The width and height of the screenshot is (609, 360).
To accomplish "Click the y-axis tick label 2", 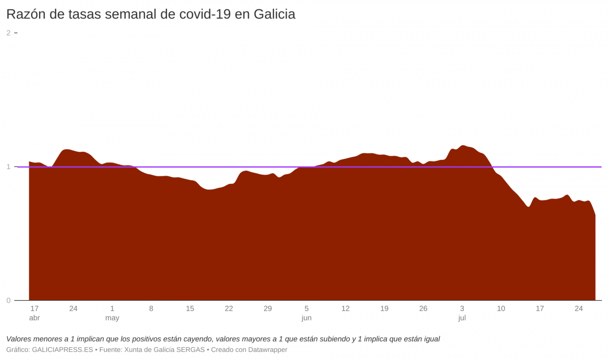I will tap(8, 33).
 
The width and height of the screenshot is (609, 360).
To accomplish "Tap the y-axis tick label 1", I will tap(8, 167).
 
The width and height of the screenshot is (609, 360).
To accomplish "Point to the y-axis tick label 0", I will tap(8, 301).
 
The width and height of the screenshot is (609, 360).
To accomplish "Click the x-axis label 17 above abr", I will tap(35, 309).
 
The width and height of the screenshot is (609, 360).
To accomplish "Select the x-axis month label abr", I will tap(35, 318).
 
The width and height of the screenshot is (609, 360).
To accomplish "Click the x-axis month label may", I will tap(112, 318).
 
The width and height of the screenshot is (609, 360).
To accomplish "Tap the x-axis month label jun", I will tap(307, 318).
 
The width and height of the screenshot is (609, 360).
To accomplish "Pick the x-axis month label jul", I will tap(462, 318).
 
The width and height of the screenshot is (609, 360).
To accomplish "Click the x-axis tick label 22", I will tap(229, 309).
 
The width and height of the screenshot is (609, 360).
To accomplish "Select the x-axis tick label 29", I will tap(268, 309).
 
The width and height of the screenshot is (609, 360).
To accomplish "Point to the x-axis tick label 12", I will tap(345, 309).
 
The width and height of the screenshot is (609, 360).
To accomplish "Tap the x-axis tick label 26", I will tap(423, 309).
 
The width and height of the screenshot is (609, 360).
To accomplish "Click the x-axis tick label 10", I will tap(501, 309).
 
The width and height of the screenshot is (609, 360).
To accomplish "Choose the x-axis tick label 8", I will tap(151, 309).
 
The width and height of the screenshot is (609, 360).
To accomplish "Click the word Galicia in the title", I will tap(274, 14).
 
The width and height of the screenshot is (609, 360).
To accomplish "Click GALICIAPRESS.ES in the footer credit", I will tap(62, 350).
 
